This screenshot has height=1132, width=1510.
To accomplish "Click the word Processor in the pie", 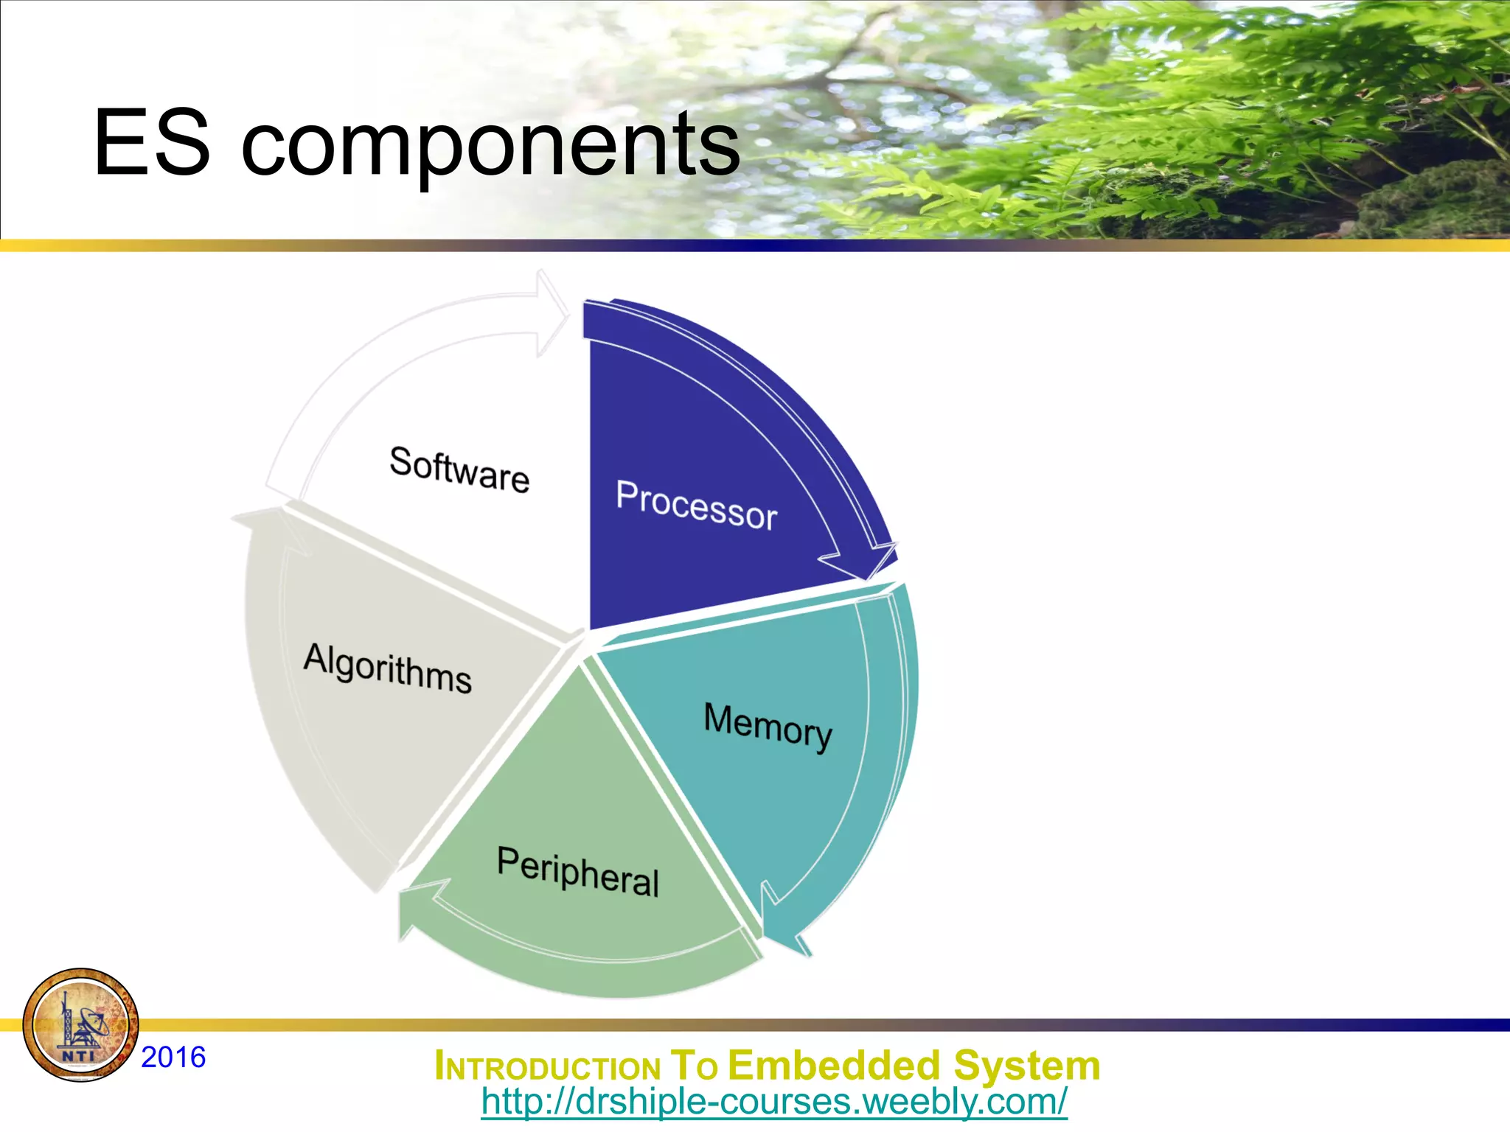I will coord(697,506).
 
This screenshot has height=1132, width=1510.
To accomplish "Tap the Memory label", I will coord(768,727).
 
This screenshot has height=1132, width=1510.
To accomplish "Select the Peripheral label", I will coord(578,872).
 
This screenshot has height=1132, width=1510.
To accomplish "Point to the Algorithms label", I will coord(388,668).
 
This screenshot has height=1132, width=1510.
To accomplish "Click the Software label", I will coord(459,469).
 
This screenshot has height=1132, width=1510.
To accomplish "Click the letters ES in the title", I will coord(152,143).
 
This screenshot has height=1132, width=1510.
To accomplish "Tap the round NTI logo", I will coord(80,1025).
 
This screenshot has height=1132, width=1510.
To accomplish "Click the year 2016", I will coord(173,1057).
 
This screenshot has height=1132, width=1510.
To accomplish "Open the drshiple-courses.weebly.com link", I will coord(773,1102).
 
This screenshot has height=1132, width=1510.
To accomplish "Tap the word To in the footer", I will coord(693,1066).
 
